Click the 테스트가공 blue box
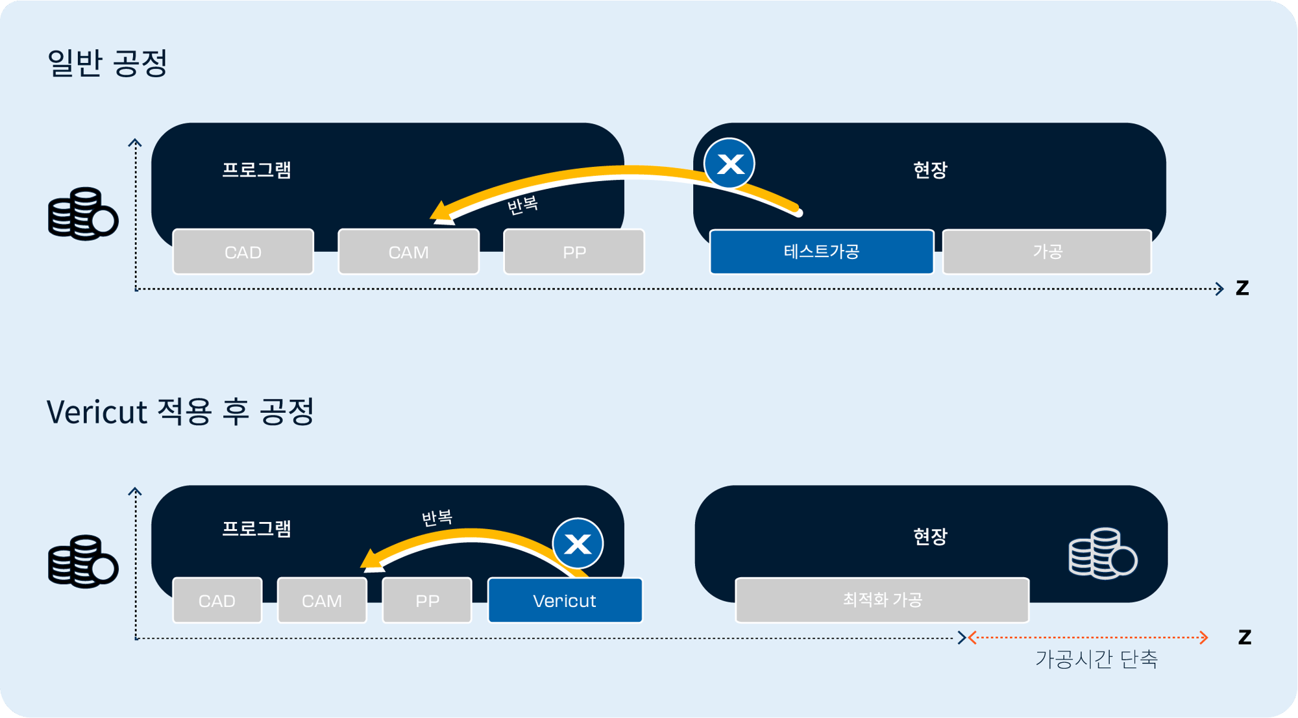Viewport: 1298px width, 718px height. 821,251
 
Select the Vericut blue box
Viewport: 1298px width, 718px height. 565,600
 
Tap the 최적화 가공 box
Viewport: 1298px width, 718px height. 882,599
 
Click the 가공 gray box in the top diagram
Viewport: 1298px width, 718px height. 1047,251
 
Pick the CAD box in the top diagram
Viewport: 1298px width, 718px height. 243,252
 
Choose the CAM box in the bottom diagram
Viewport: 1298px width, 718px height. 322,600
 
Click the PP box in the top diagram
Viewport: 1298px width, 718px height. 574,252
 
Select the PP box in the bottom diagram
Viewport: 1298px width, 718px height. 427,600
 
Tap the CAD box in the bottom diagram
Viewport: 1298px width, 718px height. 217,600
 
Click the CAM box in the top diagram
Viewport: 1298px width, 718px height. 408,252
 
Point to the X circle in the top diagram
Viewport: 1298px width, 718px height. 729,164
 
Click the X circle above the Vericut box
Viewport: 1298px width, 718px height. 578,543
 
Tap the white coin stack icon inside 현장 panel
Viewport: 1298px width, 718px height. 1102,554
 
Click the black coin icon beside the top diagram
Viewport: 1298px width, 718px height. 82,214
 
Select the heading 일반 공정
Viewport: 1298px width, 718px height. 108,63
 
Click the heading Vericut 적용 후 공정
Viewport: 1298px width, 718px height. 180,412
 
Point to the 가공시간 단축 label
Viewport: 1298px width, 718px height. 1096,659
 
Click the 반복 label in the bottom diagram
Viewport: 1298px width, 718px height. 437,518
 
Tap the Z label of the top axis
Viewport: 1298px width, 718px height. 1242,288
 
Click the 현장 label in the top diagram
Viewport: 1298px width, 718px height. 930,170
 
